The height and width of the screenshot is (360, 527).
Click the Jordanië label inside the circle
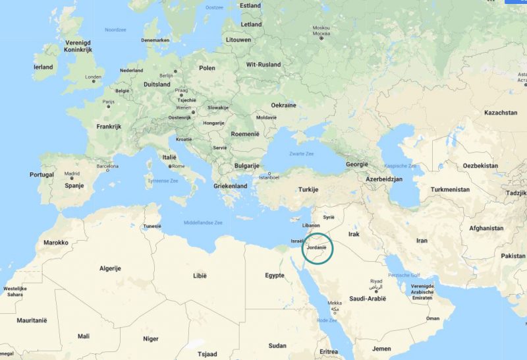[x=318, y=247]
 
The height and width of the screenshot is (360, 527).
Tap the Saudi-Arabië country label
[x=368, y=299]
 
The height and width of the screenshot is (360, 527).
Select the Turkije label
[x=308, y=189]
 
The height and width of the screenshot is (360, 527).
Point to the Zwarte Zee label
[x=301, y=153]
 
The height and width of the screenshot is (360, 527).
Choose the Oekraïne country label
[x=284, y=105]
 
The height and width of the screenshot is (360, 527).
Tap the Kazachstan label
[x=501, y=113]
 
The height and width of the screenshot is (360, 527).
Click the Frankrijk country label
[x=110, y=127]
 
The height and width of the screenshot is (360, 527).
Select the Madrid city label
[x=72, y=174]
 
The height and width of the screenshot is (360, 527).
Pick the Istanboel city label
[x=269, y=177]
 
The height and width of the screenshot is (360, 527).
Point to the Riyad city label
[x=375, y=281]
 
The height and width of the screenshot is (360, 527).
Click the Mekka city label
[x=335, y=303]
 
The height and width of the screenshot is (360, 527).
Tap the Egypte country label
[x=274, y=275]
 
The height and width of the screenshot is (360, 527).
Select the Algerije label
[x=110, y=269]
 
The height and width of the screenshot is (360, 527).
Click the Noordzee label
[x=115, y=30]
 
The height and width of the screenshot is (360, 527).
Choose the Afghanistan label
[x=486, y=228]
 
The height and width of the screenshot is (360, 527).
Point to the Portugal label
[x=42, y=175]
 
